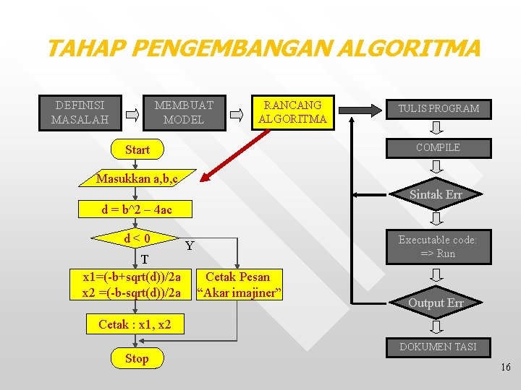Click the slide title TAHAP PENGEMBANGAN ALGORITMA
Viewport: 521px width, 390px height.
(x=262, y=49)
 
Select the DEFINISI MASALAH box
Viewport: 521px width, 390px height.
(x=80, y=112)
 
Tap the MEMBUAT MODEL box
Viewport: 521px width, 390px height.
(x=184, y=112)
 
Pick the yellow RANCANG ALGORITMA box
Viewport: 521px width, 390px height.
(x=292, y=112)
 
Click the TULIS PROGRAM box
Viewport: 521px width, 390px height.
(x=437, y=108)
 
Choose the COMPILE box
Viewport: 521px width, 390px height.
(x=437, y=147)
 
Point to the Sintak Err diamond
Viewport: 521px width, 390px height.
(x=436, y=194)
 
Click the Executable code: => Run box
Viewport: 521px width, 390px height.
(x=437, y=246)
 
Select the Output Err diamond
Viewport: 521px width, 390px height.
(x=436, y=303)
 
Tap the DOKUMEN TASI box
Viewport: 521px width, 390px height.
(x=437, y=347)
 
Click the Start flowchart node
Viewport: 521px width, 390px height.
(x=137, y=149)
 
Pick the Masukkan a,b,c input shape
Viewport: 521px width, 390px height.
(x=137, y=178)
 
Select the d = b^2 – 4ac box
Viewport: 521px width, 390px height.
(x=137, y=209)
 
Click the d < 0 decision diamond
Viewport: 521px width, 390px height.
(x=137, y=238)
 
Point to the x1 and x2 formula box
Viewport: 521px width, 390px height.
(x=132, y=285)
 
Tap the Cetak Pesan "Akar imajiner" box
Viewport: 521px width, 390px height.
(x=238, y=285)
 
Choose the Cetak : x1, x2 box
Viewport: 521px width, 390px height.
(x=135, y=324)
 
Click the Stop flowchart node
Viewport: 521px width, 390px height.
(x=137, y=358)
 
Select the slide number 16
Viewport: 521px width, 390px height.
(x=505, y=368)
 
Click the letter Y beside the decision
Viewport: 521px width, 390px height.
(x=189, y=246)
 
